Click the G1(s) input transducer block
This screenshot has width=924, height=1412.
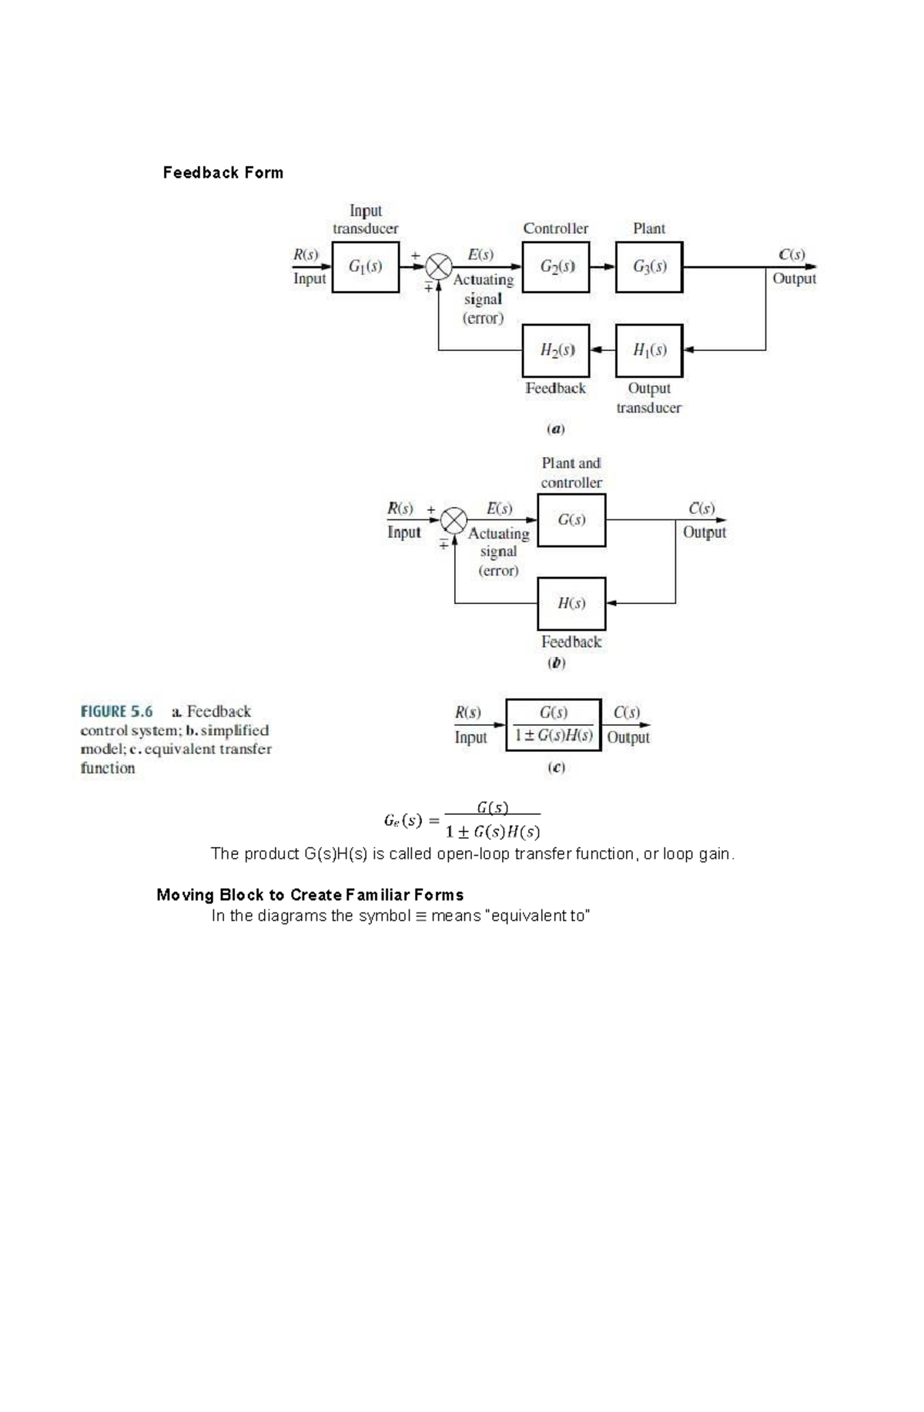[365, 267]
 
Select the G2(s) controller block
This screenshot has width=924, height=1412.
[556, 267]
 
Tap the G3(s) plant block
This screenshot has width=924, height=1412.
[649, 267]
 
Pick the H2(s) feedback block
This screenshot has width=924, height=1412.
[556, 350]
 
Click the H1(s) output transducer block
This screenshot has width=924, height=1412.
[649, 350]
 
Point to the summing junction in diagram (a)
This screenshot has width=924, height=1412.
[439, 267]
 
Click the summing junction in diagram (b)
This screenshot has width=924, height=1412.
[454, 520]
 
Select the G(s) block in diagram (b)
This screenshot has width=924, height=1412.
[571, 520]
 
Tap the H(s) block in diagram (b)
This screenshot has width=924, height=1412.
[571, 603]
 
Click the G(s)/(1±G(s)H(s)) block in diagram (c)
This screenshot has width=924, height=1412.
[554, 725]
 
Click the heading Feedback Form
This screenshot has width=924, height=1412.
[223, 172]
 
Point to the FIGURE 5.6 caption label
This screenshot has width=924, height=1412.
[116, 712]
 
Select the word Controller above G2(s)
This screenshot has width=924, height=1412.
[555, 229]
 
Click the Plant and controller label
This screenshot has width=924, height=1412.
[571, 472]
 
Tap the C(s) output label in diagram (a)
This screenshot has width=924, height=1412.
[792, 254]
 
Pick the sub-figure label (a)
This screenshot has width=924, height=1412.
[555, 429]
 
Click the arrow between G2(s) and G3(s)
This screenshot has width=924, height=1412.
[603, 267]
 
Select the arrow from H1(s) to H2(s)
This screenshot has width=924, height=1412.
[603, 350]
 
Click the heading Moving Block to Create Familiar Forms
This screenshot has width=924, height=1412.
[310, 895]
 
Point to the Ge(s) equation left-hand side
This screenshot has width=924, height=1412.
[403, 820]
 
